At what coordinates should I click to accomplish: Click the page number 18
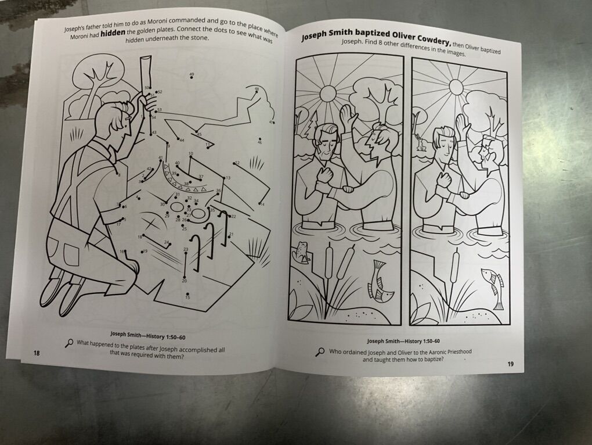point(37,353)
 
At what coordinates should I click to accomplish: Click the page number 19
point(510,364)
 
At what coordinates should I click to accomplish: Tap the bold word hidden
point(113,33)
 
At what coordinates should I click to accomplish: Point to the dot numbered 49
point(192,77)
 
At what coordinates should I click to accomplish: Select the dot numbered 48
point(257,91)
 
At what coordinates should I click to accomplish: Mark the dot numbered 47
point(274,123)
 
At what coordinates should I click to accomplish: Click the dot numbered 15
point(187,294)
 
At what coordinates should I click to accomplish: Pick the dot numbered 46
point(260,139)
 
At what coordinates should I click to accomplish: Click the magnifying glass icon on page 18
point(69,343)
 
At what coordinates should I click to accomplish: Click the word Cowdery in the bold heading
point(432,40)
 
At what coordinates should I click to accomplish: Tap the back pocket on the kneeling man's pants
point(70,254)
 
